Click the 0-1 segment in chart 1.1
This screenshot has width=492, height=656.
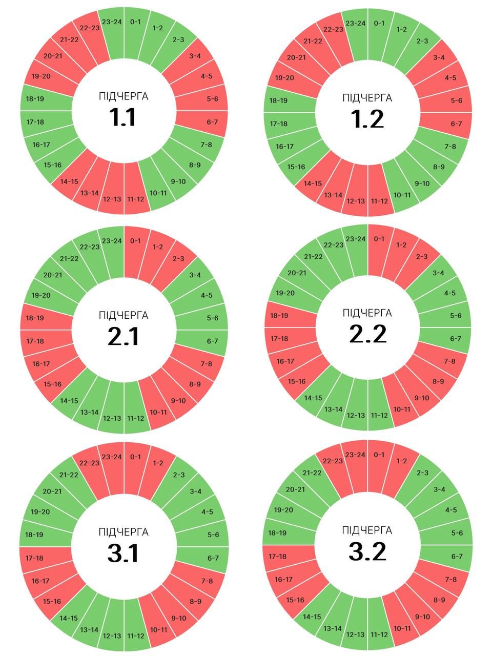coord(135,23)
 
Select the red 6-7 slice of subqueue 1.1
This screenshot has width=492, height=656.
coord(212,122)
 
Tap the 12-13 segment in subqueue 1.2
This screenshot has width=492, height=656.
coord(356,200)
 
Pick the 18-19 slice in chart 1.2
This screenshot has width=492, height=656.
coord(278,101)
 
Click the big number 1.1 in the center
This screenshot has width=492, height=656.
coord(123,117)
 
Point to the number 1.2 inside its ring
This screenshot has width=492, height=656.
coord(367,119)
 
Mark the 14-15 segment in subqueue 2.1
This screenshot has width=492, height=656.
coord(69,401)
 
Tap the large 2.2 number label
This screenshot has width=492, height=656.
coord(367,334)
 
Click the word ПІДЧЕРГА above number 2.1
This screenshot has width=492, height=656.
coord(124,315)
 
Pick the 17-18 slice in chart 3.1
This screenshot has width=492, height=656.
coord(34,558)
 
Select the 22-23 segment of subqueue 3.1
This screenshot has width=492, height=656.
coord(89,463)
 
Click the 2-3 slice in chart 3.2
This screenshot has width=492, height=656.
coord(422,473)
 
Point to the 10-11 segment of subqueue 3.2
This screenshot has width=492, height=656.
coord(402,628)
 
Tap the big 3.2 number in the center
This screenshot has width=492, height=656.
coord(367,551)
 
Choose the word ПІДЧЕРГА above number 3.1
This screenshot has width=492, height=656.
coord(124,532)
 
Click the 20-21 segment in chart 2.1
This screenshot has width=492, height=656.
coord(52,275)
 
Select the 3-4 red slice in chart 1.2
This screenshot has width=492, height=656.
coord(439,58)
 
